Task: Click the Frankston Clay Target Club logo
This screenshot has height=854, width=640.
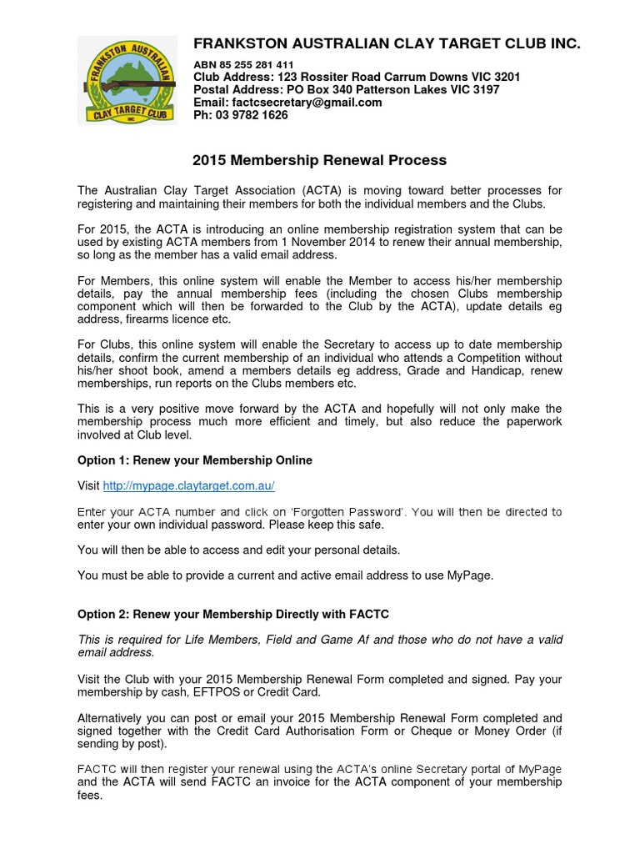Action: tap(127, 81)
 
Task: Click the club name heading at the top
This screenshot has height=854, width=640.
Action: tap(387, 43)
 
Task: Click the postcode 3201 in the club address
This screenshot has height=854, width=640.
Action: tap(507, 77)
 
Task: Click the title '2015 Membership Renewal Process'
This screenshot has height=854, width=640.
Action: tap(319, 160)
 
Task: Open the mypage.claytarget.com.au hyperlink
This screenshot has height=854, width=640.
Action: tap(188, 485)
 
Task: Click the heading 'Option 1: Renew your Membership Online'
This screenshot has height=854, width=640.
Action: tap(194, 460)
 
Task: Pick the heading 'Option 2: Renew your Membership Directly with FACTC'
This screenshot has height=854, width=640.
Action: tap(232, 614)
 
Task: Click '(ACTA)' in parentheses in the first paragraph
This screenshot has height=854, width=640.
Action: tap(321, 190)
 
